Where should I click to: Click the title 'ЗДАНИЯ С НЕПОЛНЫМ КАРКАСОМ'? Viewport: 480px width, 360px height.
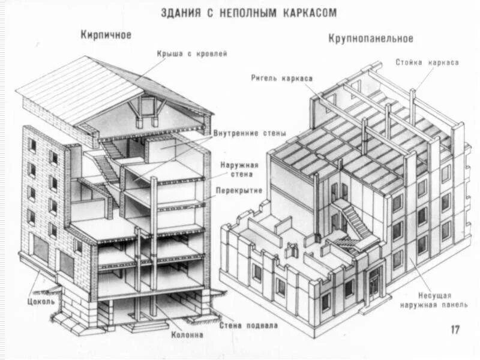tap(248, 13)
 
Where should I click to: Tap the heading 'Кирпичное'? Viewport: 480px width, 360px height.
tap(106, 35)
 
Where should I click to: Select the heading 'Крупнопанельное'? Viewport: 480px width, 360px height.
tap(371, 38)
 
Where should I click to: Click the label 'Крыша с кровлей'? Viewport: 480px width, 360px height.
tap(192, 54)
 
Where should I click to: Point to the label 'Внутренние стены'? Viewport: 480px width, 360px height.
tap(250, 133)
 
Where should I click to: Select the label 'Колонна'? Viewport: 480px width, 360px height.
tap(187, 335)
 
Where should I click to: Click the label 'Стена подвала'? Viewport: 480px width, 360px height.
tap(248, 326)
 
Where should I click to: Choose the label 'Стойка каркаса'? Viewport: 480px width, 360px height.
tap(427, 62)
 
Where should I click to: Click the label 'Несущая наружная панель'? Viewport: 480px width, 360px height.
tap(437, 300)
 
